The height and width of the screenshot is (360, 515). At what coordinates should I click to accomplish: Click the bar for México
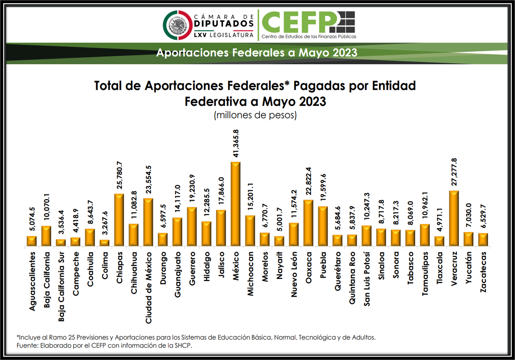click(236, 204)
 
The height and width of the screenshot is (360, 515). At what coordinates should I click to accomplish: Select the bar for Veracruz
click(454, 218)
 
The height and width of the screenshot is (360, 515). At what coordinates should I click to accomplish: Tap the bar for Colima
click(104, 243)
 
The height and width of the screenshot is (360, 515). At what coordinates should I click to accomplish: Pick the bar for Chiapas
click(119, 220)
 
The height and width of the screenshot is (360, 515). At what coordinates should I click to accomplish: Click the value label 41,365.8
click(236, 143)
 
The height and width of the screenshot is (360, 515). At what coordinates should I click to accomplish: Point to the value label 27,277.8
click(454, 172)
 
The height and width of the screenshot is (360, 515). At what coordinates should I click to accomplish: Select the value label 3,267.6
click(105, 223)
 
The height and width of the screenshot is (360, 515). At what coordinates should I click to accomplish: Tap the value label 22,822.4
click(308, 181)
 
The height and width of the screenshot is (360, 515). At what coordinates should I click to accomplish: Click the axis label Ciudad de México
click(148, 287)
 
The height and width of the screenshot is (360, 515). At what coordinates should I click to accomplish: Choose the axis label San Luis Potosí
click(367, 279)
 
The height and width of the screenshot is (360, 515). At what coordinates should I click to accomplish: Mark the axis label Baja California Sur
click(61, 286)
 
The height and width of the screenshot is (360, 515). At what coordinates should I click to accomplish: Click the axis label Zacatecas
click(483, 272)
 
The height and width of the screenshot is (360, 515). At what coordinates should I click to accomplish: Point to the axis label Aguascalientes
click(32, 281)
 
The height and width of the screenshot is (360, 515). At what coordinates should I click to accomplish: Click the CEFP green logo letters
click(300, 22)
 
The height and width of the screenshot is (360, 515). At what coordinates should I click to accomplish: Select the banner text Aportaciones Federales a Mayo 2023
click(257, 53)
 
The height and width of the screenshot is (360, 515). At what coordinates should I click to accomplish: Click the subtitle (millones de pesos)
click(255, 115)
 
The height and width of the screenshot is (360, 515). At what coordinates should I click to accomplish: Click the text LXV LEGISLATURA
click(224, 35)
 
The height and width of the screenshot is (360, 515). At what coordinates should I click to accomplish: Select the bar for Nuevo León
click(294, 234)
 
